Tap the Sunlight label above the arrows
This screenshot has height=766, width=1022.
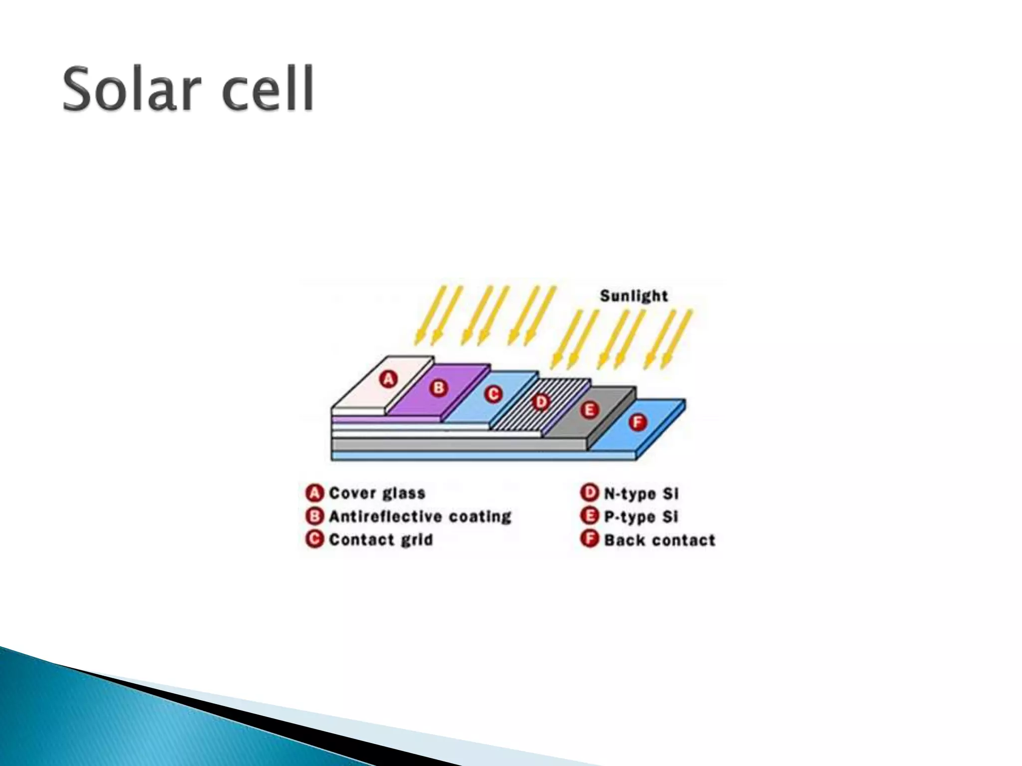(x=633, y=296)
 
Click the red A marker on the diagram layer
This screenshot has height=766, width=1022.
(x=388, y=380)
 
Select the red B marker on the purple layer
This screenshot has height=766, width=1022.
(x=439, y=387)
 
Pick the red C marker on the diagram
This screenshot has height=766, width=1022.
(x=493, y=394)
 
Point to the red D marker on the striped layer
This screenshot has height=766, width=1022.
(x=540, y=402)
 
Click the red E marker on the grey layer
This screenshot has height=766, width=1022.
(x=589, y=410)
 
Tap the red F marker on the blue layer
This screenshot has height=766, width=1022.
(x=637, y=422)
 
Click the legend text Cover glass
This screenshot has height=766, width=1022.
(x=377, y=493)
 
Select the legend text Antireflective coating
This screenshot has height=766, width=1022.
(x=420, y=516)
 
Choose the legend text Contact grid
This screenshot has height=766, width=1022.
(x=381, y=540)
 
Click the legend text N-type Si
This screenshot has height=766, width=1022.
(x=641, y=494)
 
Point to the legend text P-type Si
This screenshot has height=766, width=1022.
(x=641, y=517)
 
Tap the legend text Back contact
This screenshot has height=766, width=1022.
(x=660, y=540)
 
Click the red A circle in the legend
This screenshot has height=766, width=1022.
(x=314, y=493)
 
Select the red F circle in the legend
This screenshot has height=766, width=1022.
(x=589, y=540)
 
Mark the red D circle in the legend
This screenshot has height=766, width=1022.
(x=589, y=493)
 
